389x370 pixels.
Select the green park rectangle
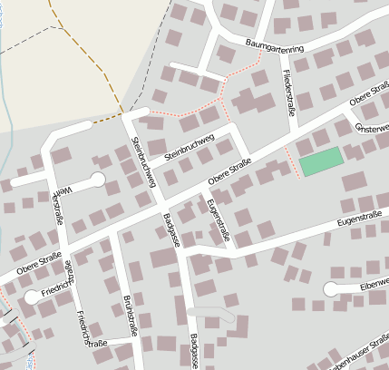[x=321, y=161]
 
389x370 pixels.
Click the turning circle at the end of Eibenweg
[x=331, y=289]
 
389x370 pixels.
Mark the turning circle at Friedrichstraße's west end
[x=32, y=297]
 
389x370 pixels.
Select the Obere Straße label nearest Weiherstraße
[x=38, y=262]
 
